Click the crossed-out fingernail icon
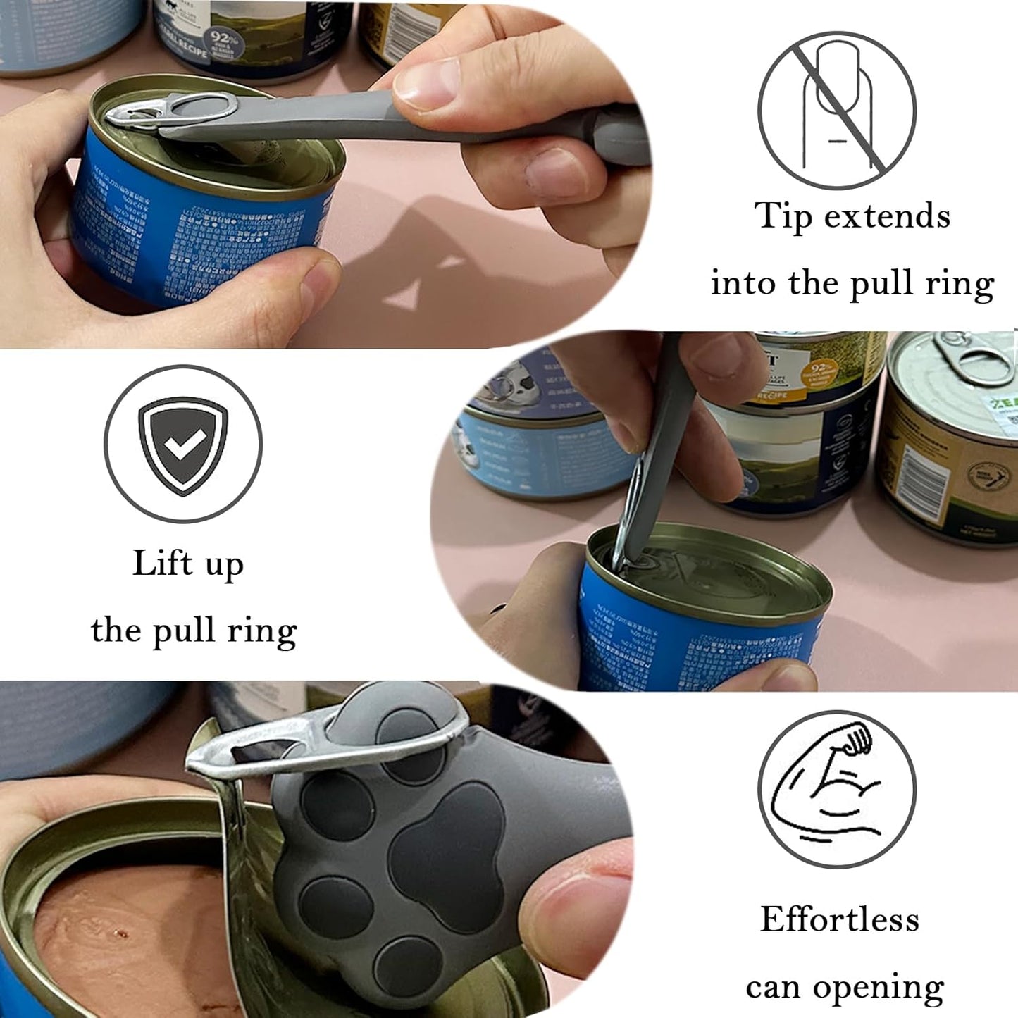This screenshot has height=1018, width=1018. pos(837,111)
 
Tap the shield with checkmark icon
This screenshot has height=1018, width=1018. pos(182,444)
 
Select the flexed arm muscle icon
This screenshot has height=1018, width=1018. pos(837,789)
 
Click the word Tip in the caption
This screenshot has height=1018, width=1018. pos(783,216)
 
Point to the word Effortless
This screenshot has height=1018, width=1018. pos(840,919)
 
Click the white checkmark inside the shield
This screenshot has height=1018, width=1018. pos(182,444)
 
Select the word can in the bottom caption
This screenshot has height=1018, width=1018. pos(772,988)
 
